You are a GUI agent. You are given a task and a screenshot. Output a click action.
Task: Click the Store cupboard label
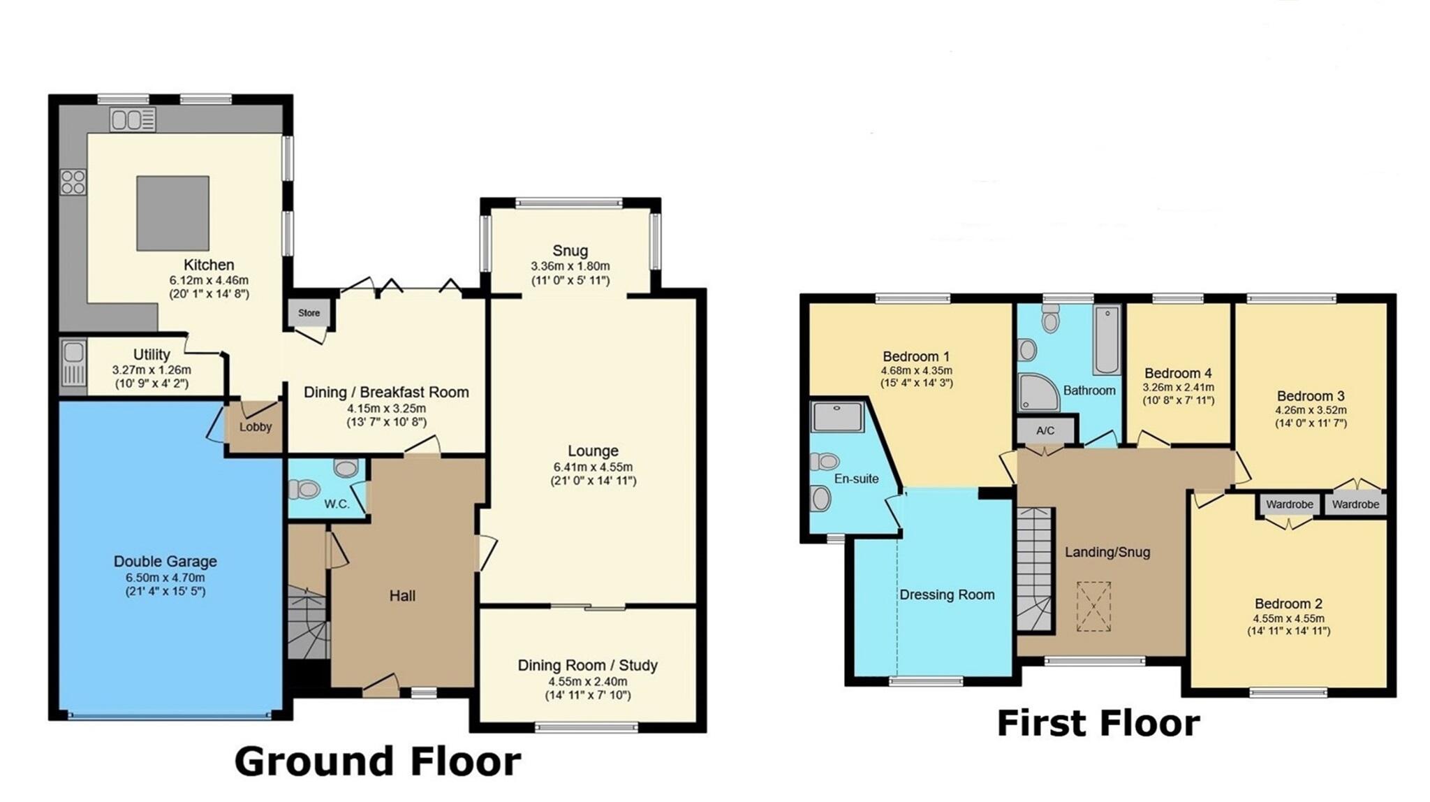tap(309, 313)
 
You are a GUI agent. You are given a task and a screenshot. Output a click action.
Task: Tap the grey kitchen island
tap(172, 213)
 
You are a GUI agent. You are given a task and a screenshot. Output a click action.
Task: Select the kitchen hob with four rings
tap(73, 182)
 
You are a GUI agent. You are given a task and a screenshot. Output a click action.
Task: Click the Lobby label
tap(255, 427)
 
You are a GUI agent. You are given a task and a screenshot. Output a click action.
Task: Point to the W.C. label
tap(337, 504)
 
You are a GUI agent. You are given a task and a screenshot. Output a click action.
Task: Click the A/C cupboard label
tap(1045, 430)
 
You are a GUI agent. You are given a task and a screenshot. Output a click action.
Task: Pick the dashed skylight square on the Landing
tap(1093, 606)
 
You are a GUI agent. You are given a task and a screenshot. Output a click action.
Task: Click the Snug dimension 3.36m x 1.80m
tap(570, 266)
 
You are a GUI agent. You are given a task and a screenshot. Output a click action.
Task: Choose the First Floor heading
tap(1098, 724)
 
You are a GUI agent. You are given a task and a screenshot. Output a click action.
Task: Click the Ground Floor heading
tap(377, 761)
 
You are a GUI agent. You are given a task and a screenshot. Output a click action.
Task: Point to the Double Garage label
tap(165, 562)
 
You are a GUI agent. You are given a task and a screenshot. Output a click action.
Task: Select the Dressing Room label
tap(946, 595)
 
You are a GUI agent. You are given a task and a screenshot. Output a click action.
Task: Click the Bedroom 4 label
tap(1178, 373)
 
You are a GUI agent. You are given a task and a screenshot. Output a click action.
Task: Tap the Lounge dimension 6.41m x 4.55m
tap(593, 467)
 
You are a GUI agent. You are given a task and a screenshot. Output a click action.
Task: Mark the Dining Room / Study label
tap(587, 665)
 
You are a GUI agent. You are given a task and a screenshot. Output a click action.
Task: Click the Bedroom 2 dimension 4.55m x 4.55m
tap(1288, 618)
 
